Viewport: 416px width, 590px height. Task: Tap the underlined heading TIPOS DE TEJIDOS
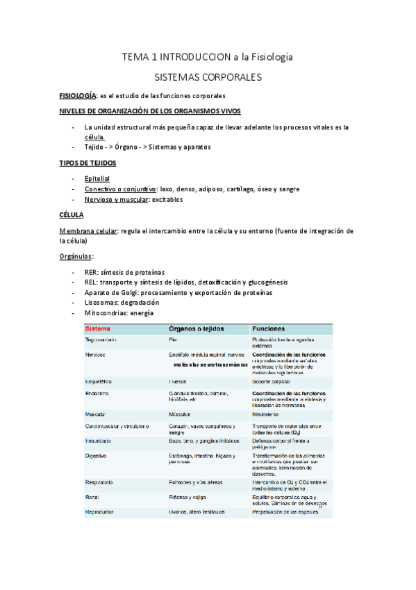click(x=88, y=163)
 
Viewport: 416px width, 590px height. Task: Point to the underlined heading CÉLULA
click(x=72, y=216)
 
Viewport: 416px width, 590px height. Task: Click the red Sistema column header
click(x=101, y=328)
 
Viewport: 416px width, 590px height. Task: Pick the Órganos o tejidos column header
click(x=198, y=328)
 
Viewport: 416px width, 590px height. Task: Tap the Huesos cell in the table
click(x=178, y=382)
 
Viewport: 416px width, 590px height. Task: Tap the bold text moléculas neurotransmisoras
click(x=210, y=364)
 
